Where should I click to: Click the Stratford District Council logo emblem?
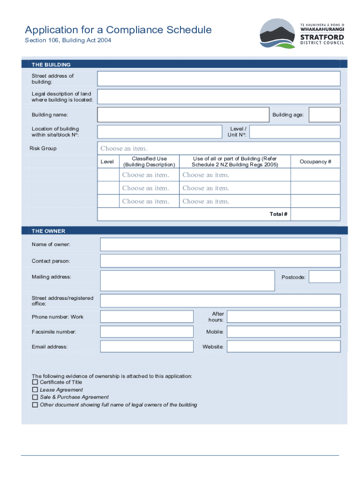(x=277, y=34)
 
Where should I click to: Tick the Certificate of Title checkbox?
(x=35, y=382)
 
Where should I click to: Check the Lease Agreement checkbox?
(x=35, y=390)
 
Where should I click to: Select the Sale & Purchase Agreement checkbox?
(x=35, y=397)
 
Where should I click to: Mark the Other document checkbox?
(x=35, y=405)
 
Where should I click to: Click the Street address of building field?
(x=218, y=79)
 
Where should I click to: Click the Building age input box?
(x=324, y=115)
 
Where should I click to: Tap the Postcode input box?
(x=324, y=277)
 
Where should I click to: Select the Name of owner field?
(x=220, y=244)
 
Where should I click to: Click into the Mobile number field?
(x=283, y=332)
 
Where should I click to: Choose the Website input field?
(x=283, y=347)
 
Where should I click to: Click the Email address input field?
(x=147, y=347)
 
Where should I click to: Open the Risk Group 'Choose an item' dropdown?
(x=124, y=149)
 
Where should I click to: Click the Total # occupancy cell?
(x=316, y=214)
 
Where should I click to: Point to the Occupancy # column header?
(x=316, y=162)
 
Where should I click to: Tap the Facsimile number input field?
(x=147, y=332)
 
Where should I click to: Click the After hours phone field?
(x=283, y=317)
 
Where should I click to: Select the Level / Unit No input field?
(x=295, y=132)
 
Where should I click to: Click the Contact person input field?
(x=220, y=261)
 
